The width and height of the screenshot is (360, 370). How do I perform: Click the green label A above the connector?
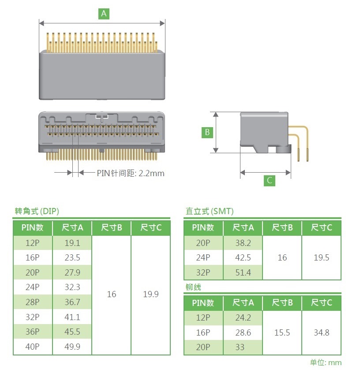pos(104,14)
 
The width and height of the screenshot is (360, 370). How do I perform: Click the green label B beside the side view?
pos(207,132)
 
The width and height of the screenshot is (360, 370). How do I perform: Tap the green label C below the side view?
pos(270,181)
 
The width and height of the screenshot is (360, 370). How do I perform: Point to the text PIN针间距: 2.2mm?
pos(131,173)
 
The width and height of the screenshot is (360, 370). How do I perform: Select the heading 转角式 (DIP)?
pos(37,211)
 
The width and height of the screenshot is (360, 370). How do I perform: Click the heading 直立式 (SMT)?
pos(210,211)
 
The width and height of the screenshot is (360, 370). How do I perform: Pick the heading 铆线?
pos(193,287)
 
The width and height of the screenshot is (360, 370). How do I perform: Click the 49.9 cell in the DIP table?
pos(72,347)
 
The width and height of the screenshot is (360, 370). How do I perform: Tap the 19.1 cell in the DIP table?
pos(72,243)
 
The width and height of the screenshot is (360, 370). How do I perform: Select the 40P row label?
pos(32,347)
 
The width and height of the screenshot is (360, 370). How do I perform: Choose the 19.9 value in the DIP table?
pos(151,294)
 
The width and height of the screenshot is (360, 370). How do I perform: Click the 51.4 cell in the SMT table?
pos(243,272)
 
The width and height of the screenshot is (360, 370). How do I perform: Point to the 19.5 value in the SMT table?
pos(321,257)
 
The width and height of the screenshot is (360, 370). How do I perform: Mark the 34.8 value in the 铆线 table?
pos(321,332)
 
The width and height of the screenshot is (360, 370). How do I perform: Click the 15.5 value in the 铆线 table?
pos(282,332)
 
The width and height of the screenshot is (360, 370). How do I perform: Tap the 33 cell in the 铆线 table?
pos(240,347)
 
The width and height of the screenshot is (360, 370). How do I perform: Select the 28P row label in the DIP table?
pos(32,302)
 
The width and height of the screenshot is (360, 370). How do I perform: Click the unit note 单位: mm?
pos(326,362)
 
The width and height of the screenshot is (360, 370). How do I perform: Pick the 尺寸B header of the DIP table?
pos(112,228)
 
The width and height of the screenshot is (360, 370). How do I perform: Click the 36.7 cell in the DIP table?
pos(72,302)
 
